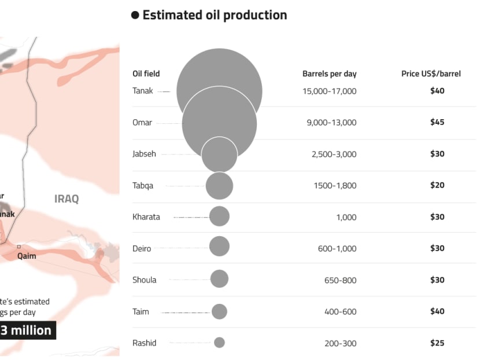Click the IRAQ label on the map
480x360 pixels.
point(67,199)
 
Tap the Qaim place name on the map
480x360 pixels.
point(27,256)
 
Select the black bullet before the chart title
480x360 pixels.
point(135,15)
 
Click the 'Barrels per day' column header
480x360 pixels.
point(329,74)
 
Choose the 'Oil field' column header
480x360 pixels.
point(146,74)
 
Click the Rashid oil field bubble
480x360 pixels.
point(219,343)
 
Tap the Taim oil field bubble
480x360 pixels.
point(219,312)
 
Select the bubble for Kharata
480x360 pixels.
point(219,216)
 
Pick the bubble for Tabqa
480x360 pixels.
point(219,186)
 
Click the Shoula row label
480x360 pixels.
point(144,280)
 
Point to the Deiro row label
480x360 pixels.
point(142,249)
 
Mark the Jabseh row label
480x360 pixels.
point(144,154)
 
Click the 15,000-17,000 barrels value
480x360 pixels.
point(329,91)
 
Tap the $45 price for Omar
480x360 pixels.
point(437,123)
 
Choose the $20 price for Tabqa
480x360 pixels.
point(437,186)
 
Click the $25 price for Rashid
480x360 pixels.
point(437,343)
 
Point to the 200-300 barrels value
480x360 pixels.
point(341,344)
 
